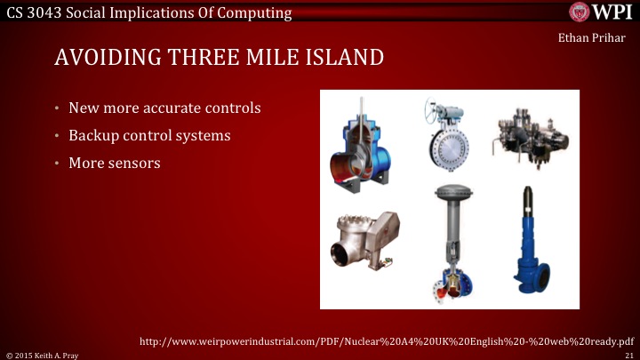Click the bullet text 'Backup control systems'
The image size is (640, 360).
[x=149, y=136]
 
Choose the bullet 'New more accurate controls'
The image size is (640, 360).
[x=164, y=108]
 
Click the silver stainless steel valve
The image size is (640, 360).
[x=365, y=245]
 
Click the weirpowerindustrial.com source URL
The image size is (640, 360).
[x=388, y=340]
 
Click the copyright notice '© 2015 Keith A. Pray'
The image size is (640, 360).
[x=43, y=354]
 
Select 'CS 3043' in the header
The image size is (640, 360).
[x=33, y=12]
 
